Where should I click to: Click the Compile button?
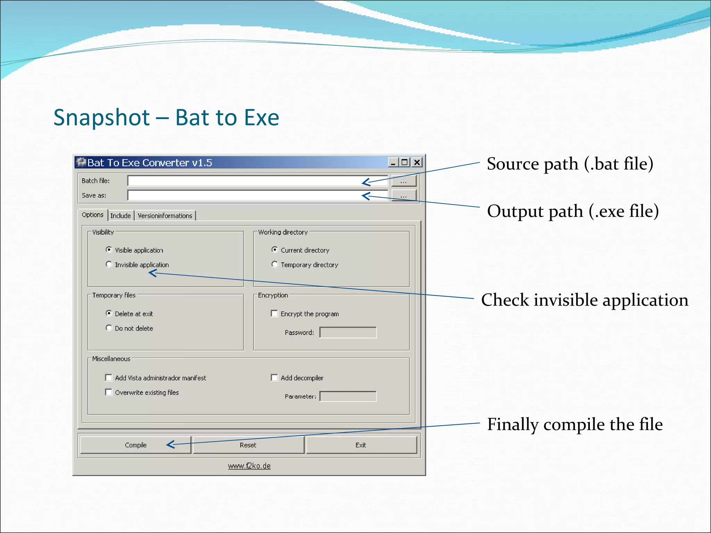(x=135, y=445)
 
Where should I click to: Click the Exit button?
(x=361, y=445)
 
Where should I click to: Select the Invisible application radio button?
(x=109, y=264)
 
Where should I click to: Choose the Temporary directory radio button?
(x=275, y=264)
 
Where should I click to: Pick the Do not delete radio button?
(x=109, y=328)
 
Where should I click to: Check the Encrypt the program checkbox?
(x=274, y=314)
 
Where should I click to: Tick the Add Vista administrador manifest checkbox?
(x=109, y=378)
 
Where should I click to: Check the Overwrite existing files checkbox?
(x=109, y=392)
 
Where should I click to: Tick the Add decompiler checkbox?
(x=274, y=378)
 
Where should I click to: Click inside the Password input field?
(x=348, y=332)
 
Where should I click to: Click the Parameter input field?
(x=348, y=396)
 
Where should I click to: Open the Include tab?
(x=120, y=215)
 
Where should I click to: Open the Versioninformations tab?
(x=165, y=215)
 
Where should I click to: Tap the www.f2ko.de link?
(x=249, y=466)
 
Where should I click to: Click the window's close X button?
(x=417, y=162)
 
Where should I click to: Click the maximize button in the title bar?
(x=405, y=162)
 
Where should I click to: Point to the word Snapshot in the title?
(x=102, y=117)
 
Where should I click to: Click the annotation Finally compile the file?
(x=575, y=424)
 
